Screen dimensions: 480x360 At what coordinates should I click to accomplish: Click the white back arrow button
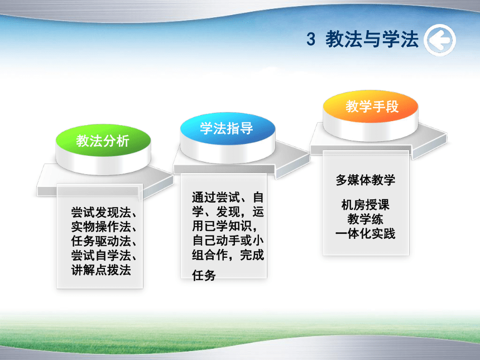[x=440, y=40]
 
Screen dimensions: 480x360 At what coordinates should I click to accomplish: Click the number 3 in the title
[x=311, y=40]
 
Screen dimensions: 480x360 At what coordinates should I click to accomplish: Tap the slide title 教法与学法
[x=372, y=39]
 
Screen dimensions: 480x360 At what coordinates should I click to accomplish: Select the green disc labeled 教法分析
[x=103, y=141]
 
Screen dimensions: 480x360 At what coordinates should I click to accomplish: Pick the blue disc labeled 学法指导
[x=228, y=128]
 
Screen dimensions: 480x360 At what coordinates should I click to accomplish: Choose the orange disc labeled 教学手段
[x=371, y=106]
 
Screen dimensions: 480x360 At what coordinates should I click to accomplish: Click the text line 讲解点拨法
[x=101, y=270]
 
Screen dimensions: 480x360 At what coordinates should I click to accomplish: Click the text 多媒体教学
[x=366, y=180]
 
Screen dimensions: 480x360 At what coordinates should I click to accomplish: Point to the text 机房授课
[x=366, y=205]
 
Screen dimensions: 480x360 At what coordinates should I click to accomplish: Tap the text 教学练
[x=366, y=219]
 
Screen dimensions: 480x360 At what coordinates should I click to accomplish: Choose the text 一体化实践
[x=366, y=233]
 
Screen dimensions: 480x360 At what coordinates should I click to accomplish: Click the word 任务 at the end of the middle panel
[x=204, y=275]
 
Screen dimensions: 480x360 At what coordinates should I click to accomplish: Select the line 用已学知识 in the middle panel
[x=225, y=226]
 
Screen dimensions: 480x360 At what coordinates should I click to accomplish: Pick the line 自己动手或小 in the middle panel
[x=228, y=241]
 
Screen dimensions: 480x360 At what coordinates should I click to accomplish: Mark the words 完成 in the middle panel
[x=252, y=255]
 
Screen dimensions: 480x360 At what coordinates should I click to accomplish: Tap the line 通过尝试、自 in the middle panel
[x=228, y=198]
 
